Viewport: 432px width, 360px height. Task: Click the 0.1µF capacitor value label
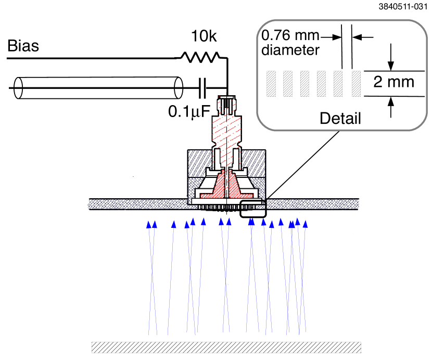click(x=188, y=111)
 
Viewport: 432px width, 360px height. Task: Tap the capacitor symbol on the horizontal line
click(x=204, y=87)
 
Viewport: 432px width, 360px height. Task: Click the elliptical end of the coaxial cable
click(x=178, y=87)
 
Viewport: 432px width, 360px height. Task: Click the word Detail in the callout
click(x=340, y=119)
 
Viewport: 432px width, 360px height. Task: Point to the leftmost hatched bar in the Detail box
click(x=271, y=84)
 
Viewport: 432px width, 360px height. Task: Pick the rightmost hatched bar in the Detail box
click(x=357, y=84)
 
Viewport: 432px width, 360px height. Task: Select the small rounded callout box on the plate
click(x=253, y=210)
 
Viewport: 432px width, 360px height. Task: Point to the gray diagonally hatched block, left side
click(x=198, y=164)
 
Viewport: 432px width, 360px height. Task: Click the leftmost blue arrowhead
click(x=149, y=225)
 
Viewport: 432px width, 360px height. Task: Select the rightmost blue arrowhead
click(x=306, y=224)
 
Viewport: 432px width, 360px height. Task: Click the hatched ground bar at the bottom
click(x=226, y=347)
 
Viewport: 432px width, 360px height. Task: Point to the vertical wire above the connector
click(x=227, y=78)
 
